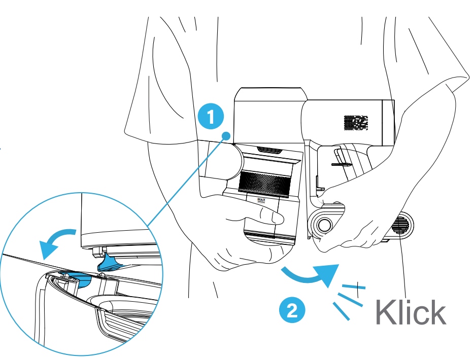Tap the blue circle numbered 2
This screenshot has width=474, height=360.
click(x=291, y=310)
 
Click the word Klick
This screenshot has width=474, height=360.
click(x=411, y=313)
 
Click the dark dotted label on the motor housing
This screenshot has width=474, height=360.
click(x=355, y=123)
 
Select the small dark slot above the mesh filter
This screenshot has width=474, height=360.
click(x=269, y=150)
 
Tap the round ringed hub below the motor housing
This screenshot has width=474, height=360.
click(x=323, y=224)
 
